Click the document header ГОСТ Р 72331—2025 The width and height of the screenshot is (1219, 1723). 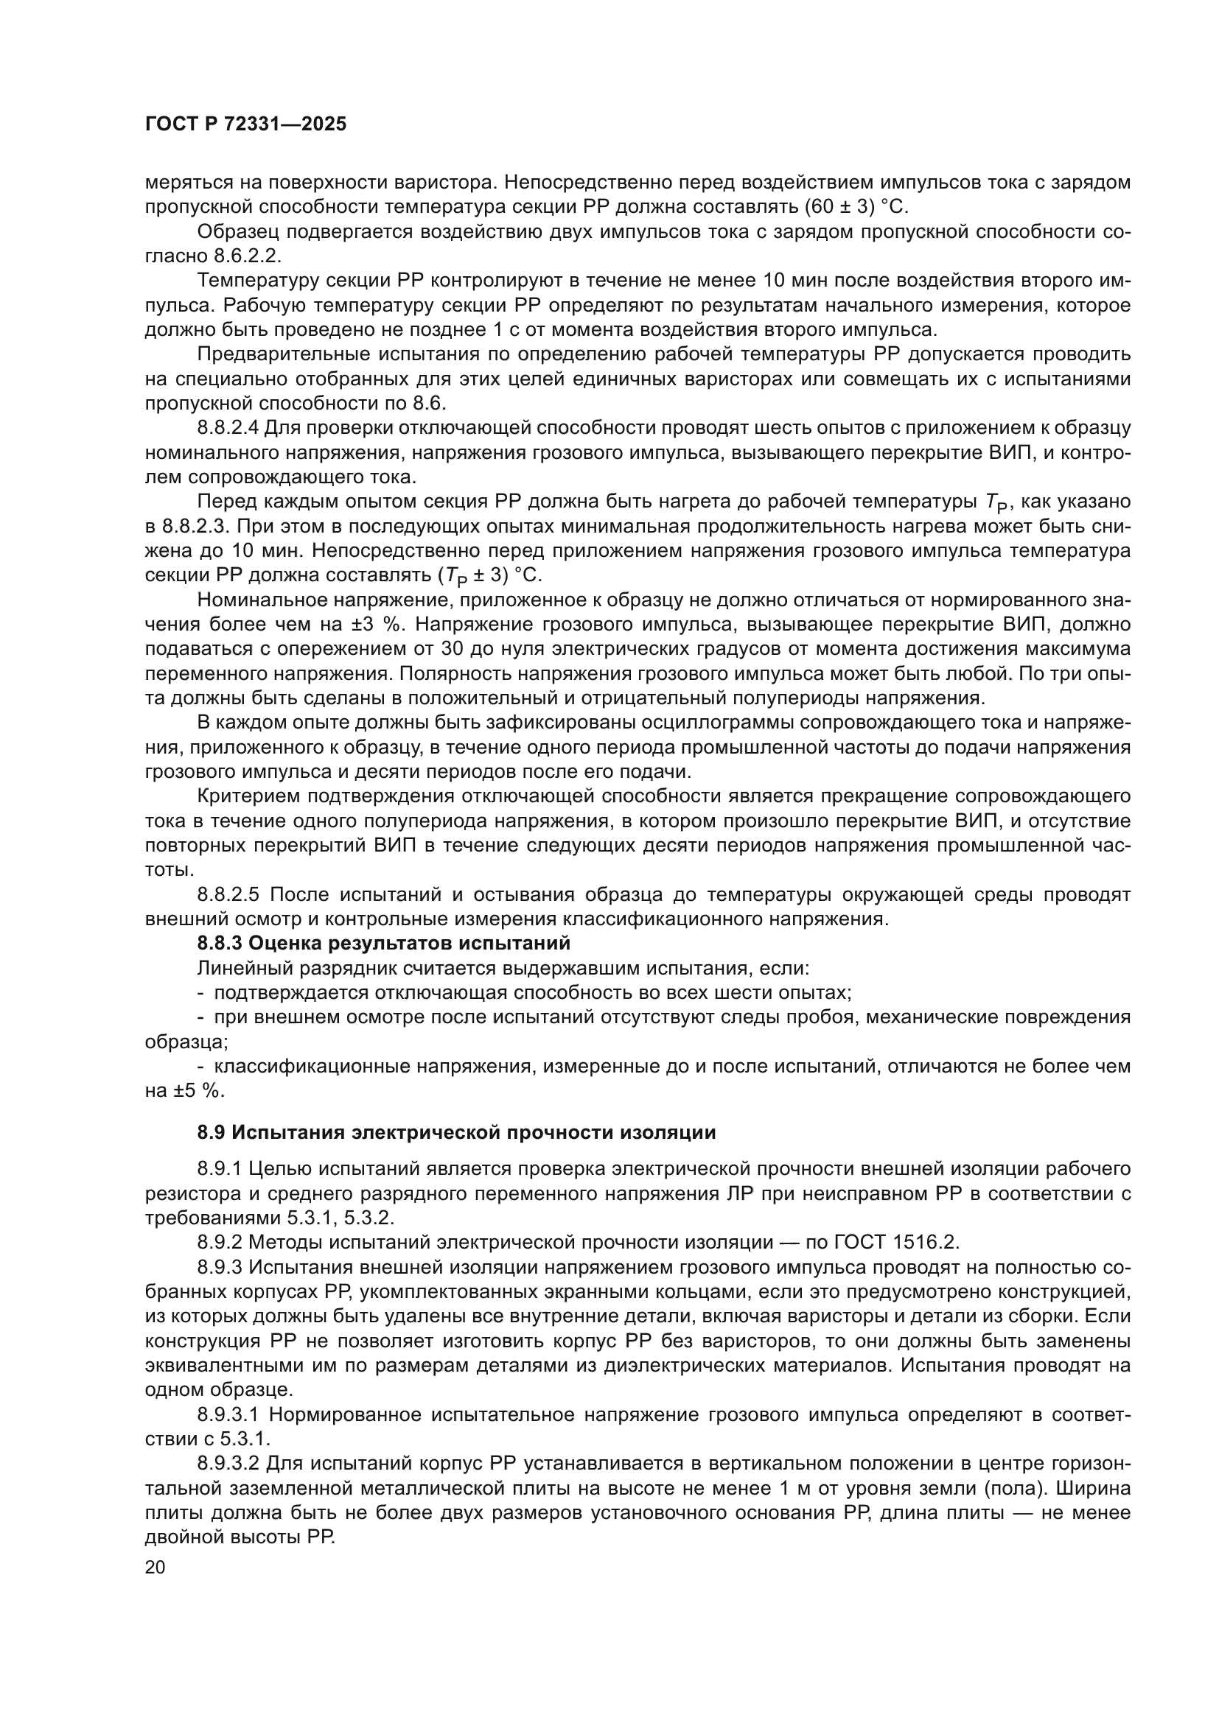tap(245, 124)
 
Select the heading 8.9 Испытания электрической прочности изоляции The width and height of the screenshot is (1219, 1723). tap(455, 1132)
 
